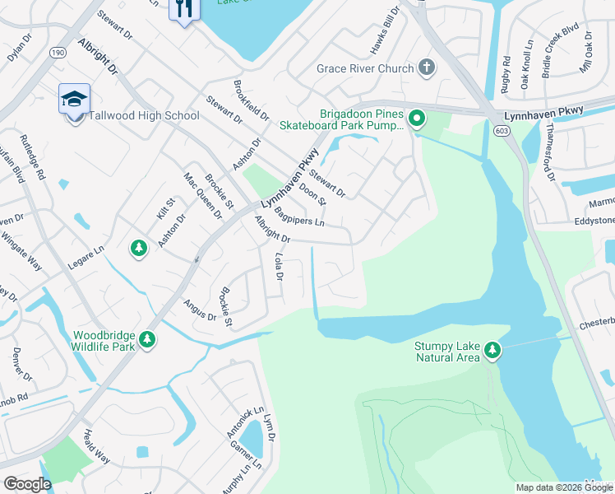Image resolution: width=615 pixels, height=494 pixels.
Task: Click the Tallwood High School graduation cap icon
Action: point(74,100)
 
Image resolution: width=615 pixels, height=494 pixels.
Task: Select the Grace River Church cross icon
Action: point(426,68)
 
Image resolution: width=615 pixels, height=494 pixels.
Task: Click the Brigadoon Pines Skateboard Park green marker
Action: point(417,120)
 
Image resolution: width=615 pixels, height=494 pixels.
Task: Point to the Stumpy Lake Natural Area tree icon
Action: point(492,351)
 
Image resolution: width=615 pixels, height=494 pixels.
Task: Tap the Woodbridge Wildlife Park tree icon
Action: point(147,339)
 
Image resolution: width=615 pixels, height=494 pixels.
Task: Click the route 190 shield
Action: point(58,52)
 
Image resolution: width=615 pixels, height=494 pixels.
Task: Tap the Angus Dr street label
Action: point(200,310)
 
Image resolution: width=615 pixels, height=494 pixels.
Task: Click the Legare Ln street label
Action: point(85,265)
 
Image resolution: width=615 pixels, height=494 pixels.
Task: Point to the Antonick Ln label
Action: point(247,422)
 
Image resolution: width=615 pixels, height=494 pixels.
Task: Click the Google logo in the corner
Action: point(27,484)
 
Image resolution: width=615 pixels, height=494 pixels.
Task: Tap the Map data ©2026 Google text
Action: point(563,487)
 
